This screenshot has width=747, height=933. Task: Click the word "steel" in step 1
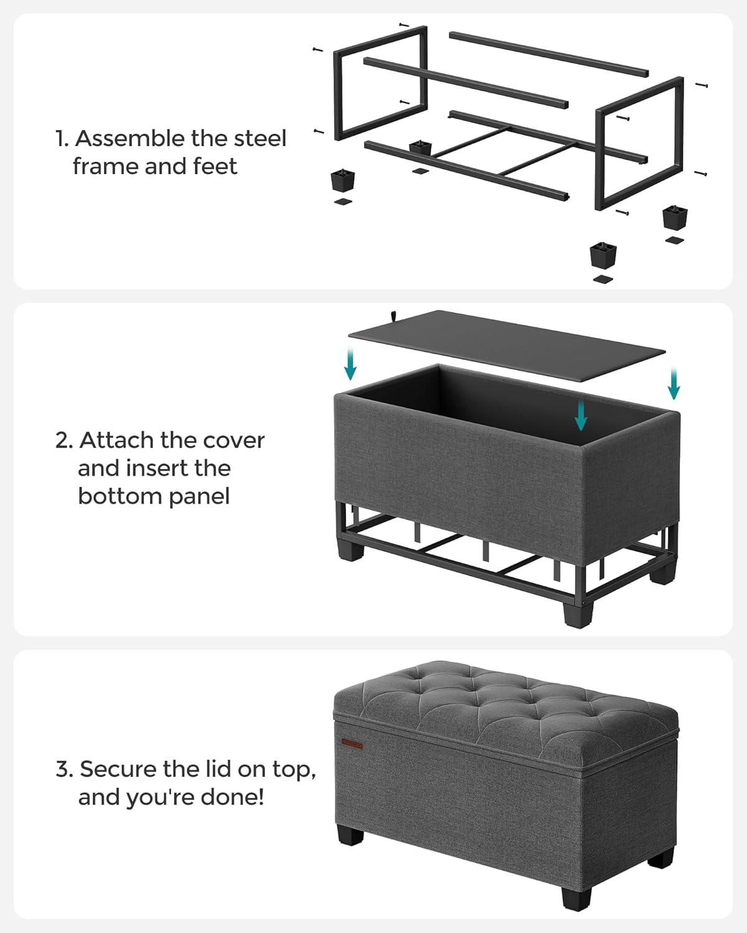260,139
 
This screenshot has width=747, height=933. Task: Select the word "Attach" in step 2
116,440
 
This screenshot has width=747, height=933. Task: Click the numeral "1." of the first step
63,139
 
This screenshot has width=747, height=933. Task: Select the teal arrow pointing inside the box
581,415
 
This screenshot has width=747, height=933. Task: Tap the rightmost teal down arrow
674,383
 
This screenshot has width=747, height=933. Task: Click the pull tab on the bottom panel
394,316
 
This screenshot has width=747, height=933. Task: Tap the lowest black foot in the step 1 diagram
603,255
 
